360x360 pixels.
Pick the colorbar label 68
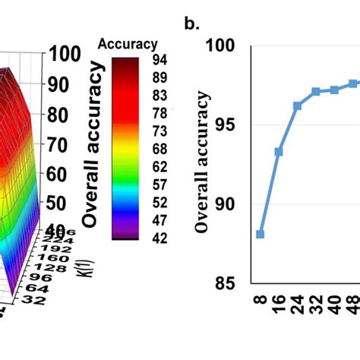159,148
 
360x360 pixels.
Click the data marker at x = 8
261,234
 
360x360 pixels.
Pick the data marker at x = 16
279,152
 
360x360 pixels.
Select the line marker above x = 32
316,91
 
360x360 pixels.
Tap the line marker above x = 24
298,106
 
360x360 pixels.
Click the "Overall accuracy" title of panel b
201,163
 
